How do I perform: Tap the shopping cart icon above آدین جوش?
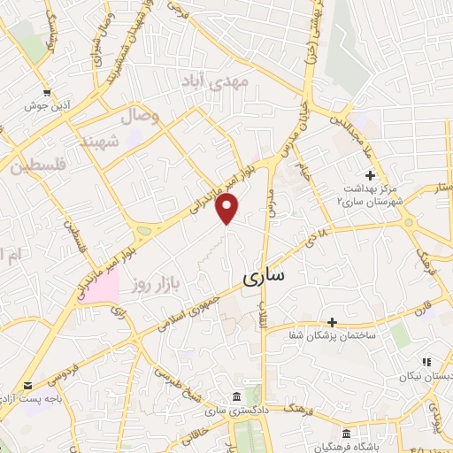click(47, 91)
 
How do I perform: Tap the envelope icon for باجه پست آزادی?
click(29, 386)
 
